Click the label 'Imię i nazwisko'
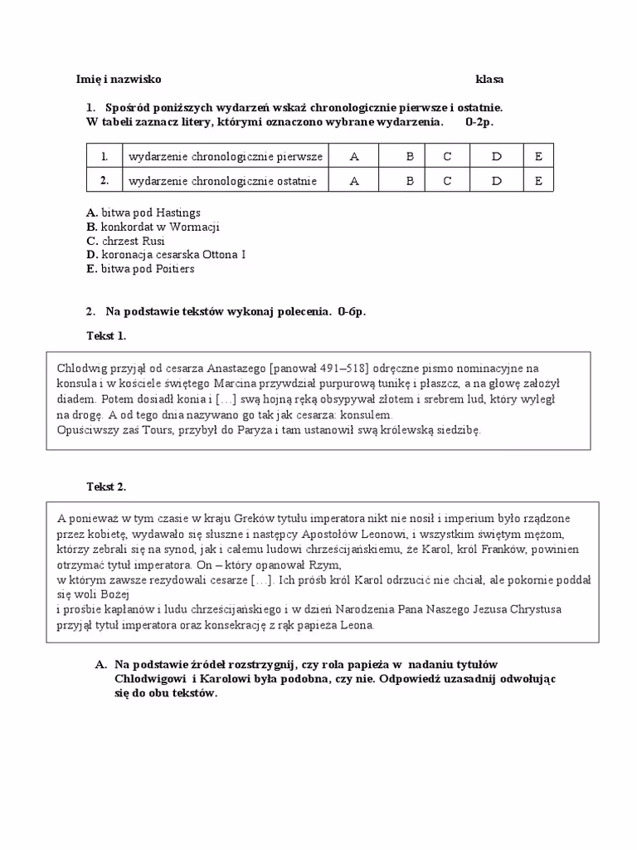pyautogui.click(x=119, y=80)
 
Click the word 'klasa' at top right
pyautogui.click(x=489, y=80)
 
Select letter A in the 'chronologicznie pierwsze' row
pyautogui.click(x=354, y=156)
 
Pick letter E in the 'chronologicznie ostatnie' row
pyautogui.click(x=538, y=181)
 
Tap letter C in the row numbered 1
pyautogui.click(x=447, y=156)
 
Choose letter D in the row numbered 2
pyautogui.click(x=496, y=181)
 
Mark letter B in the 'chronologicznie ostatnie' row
pyautogui.click(x=409, y=181)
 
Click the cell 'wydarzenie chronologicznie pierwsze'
pyautogui.click(x=224, y=156)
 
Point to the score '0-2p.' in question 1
pyautogui.click(x=479, y=123)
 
